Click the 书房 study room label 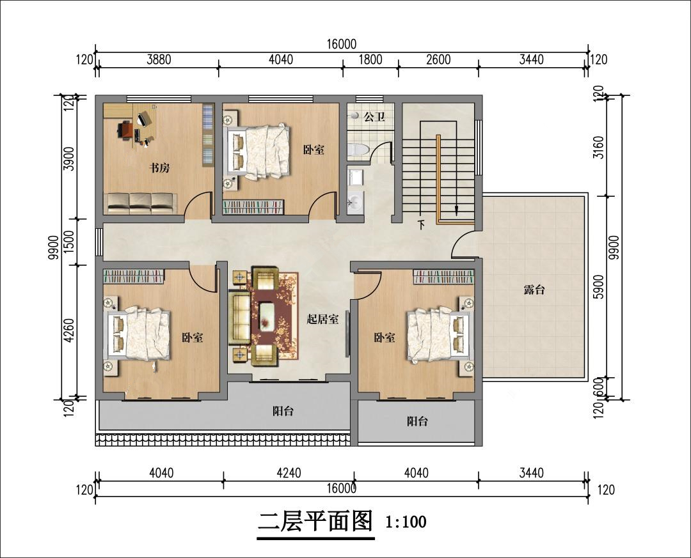click(159, 168)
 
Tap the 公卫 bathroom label click(374, 117)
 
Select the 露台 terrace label click(534, 290)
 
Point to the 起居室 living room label click(322, 320)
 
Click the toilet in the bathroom click(358, 150)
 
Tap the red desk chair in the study click(125, 130)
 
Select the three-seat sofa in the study click(141, 203)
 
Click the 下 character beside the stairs click(421, 225)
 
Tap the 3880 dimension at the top click(159, 59)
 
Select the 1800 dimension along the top click(370, 59)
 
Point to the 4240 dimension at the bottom click(289, 473)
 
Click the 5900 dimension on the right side click(598, 287)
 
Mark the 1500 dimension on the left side click(69, 242)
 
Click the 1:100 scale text click(406, 522)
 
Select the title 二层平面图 click(315, 521)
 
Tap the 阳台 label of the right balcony click(417, 421)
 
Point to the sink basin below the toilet click(354, 203)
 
